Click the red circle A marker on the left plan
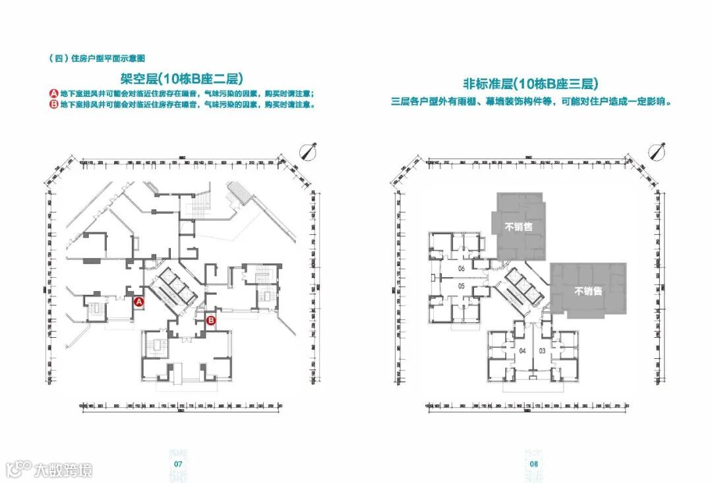pyautogui.click(x=139, y=302)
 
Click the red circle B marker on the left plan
pyautogui.click(x=211, y=321)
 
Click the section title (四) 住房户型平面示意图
pyautogui.click(x=92, y=58)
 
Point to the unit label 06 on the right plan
pyautogui.click(x=461, y=269)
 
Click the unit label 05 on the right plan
pyautogui.click(x=461, y=286)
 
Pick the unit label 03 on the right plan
pyautogui.click(x=541, y=350)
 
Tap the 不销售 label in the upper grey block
pyautogui.click(x=519, y=226)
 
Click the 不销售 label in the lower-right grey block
pyautogui.click(x=588, y=291)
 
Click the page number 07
pyautogui.click(x=177, y=464)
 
